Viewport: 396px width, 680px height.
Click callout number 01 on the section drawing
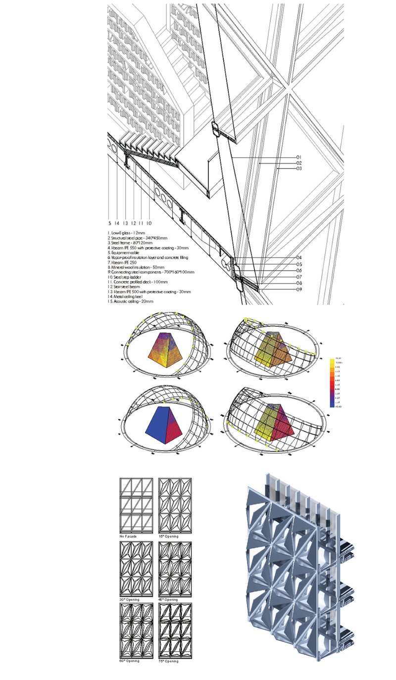pos(299,158)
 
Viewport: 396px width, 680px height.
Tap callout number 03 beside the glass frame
pos(299,169)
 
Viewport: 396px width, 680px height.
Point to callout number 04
pos(299,258)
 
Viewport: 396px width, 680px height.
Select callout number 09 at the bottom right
pos(299,289)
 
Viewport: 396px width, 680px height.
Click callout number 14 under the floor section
pos(117,224)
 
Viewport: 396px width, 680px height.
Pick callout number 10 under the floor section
pos(149,224)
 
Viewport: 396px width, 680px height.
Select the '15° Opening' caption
pos(169,537)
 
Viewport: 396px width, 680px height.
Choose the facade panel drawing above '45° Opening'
pos(175,568)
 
